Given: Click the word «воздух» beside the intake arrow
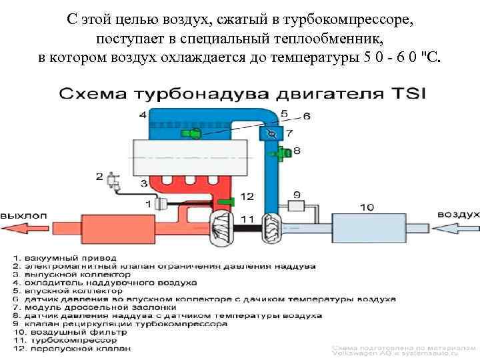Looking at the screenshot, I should click(x=458, y=214).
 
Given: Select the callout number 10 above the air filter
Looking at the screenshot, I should click(x=367, y=207).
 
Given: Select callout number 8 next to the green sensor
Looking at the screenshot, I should click(x=296, y=151).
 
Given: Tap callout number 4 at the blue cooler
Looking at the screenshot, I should click(x=143, y=115).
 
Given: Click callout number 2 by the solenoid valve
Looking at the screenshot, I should click(x=99, y=177).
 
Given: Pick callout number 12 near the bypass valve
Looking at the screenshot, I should click(x=247, y=197).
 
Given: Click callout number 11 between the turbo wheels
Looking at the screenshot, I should click(x=247, y=219).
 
